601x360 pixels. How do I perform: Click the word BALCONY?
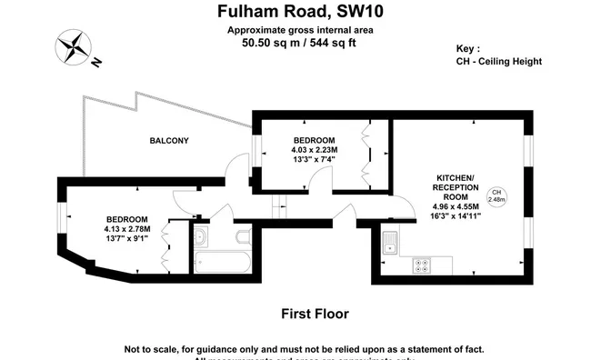click(x=169, y=140)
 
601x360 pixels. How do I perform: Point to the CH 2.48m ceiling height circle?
click(x=496, y=195)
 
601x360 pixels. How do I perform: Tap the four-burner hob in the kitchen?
click(x=423, y=265)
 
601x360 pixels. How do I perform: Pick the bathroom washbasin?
click(x=201, y=237)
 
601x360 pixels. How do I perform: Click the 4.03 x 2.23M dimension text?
click(x=314, y=150)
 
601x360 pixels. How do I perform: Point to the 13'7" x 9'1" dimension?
click(x=126, y=238)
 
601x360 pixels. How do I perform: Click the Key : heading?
click(x=468, y=48)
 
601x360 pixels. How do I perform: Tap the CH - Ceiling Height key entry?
click(x=499, y=62)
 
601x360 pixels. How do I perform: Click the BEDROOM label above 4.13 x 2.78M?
click(x=126, y=219)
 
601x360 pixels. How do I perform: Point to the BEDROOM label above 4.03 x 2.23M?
click(x=314, y=140)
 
